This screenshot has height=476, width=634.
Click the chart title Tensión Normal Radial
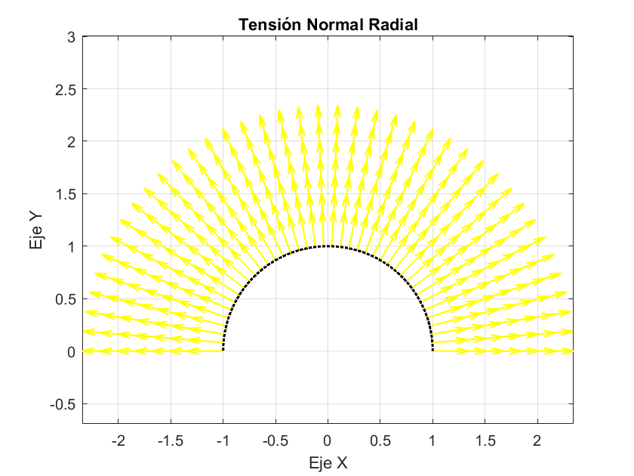pyautogui.click(x=328, y=25)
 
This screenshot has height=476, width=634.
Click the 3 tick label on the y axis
pyautogui.click(x=72, y=36)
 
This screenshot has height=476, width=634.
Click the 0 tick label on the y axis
pyautogui.click(x=72, y=352)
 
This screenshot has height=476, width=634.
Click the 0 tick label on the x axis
pyautogui.click(x=328, y=440)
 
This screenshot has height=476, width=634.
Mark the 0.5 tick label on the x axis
pyautogui.click(x=380, y=440)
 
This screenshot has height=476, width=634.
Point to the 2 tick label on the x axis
pyautogui.click(x=537, y=440)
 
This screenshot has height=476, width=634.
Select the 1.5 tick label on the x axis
pyautogui.click(x=485, y=440)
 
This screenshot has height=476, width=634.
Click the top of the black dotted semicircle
pyautogui.click(x=328, y=246)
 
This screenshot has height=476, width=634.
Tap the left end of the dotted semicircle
pyautogui.click(x=223, y=350)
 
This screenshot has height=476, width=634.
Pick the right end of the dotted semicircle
pyautogui.click(x=432, y=350)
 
